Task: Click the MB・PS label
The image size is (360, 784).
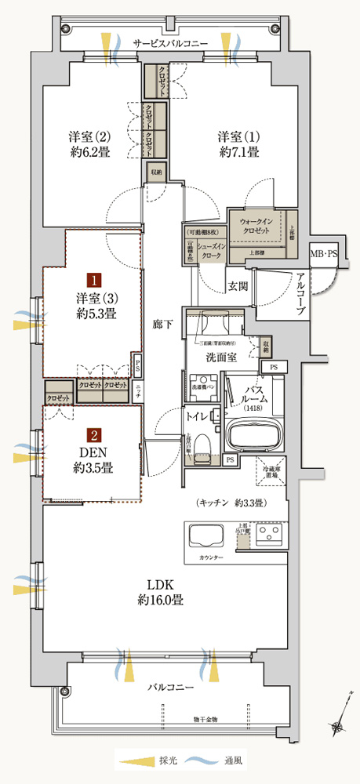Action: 323,255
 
